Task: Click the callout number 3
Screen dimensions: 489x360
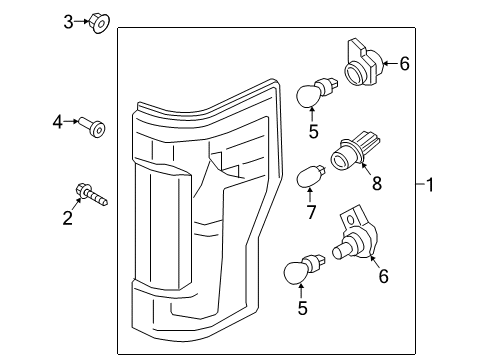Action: click(x=68, y=22)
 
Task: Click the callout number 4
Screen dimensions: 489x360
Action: click(x=57, y=122)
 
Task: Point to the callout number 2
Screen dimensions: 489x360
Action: click(x=68, y=218)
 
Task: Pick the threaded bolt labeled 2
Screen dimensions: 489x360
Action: click(x=92, y=195)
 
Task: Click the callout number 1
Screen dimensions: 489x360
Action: click(x=430, y=184)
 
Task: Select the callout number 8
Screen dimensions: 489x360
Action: click(x=377, y=183)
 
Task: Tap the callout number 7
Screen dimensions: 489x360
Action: click(x=311, y=212)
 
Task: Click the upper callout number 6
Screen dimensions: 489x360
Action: click(x=404, y=64)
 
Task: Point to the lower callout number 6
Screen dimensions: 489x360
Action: click(x=384, y=276)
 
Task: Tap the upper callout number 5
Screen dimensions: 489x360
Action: click(x=313, y=132)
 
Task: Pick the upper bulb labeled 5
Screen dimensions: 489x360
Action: click(x=317, y=92)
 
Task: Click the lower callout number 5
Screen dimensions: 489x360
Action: click(x=302, y=308)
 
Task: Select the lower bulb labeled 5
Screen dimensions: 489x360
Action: click(x=304, y=269)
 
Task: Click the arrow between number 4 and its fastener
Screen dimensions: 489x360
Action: click(x=71, y=121)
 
